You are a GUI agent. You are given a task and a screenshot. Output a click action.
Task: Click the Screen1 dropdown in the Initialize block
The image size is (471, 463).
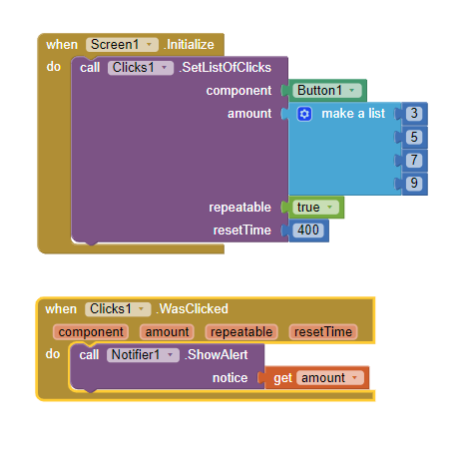click(x=122, y=45)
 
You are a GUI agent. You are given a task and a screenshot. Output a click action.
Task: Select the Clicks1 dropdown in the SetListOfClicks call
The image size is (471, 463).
click(x=141, y=68)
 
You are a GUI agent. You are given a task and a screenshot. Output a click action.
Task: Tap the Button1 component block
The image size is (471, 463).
click(x=327, y=91)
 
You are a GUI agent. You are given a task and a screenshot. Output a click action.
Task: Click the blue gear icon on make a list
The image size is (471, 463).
click(x=304, y=114)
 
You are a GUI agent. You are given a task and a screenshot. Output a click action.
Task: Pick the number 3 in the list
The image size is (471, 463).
click(x=414, y=114)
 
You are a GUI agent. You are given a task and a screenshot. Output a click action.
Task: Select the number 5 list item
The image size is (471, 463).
click(x=414, y=137)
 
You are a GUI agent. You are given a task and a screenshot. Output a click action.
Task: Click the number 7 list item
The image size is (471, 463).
click(x=414, y=160)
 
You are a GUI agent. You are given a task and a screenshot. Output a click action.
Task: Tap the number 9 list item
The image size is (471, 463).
click(x=414, y=183)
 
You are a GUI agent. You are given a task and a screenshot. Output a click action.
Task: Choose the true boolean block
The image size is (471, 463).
click(x=315, y=208)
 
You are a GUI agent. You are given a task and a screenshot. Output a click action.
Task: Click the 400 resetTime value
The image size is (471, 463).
click(x=308, y=231)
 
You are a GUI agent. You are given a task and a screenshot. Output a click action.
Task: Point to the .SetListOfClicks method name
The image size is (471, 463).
click(x=226, y=68)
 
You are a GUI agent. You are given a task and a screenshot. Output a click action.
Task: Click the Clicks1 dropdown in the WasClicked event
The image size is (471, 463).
click(x=118, y=309)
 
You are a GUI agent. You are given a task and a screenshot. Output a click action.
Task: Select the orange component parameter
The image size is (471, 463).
click(x=91, y=332)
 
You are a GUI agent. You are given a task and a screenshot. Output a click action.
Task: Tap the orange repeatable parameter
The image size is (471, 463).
click(x=241, y=332)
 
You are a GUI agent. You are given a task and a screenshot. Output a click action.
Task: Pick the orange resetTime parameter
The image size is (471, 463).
click(x=323, y=332)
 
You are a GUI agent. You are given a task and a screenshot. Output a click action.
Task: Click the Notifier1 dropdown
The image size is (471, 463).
click(x=143, y=355)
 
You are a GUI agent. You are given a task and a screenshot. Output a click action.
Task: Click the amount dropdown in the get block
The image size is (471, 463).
click(x=330, y=378)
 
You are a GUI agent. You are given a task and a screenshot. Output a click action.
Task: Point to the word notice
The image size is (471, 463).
click(x=231, y=378)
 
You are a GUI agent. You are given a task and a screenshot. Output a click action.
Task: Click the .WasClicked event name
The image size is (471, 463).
click(x=193, y=309)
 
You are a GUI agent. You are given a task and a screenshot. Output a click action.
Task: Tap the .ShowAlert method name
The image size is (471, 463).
click(x=217, y=355)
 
